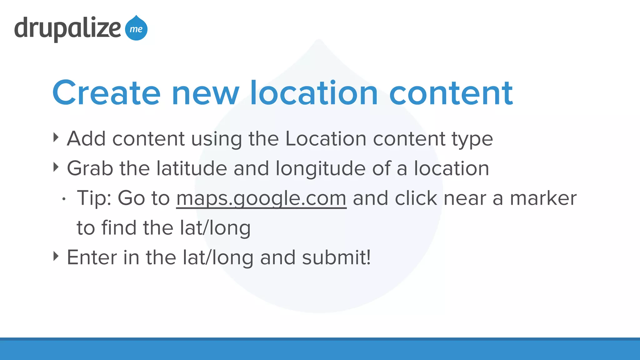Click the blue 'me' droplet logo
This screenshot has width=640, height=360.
pyautogui.click(x=136, y=29)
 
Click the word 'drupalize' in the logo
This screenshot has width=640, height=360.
pyautogui.click(x=67, y=29)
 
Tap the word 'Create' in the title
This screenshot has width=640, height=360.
pyautogui.click(x=106, y=93)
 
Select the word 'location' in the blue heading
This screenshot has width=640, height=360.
pyautogui.click(x=314, y=93)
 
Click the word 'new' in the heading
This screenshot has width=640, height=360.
pyautogui.click(x=205, y=93)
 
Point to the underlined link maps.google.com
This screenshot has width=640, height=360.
pyautogui.click(x=261, y=198)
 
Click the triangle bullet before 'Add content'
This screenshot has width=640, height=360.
pyautogui.click(x=56, y=137)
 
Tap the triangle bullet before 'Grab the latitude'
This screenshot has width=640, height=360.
pyautogui.click(x=56, y=167)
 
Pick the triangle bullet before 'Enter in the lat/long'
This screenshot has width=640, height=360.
pyautogui.click(x=56, y=256)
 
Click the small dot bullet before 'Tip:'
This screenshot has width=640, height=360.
pyautogui.click(x=64, y=199)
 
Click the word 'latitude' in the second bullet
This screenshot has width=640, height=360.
pyautogui.click(x=192, y=168)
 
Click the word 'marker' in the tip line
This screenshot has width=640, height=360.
pyautogui.click(x=543, y=198)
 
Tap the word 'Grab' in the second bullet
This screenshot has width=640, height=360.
pyautogui.click(x=90, y=168)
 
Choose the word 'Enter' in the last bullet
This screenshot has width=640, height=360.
pyautogui.click(x=92, y=257)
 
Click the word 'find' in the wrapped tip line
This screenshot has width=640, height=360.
pyautogui.click(x=119, y=228)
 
